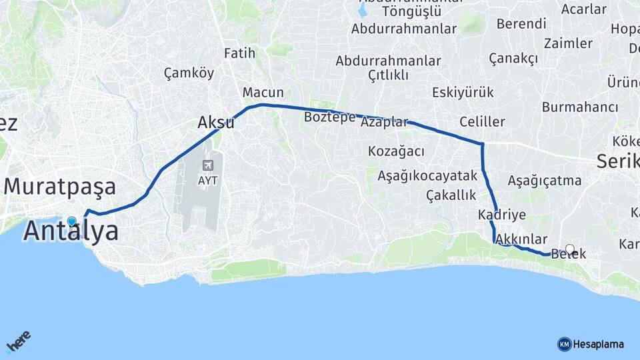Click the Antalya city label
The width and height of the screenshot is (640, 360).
tap(71, 231)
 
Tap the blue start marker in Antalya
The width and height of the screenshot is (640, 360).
tap(72, 221)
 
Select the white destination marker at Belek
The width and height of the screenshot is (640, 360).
tap(569, 249)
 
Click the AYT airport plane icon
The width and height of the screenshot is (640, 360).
tap(209, 165)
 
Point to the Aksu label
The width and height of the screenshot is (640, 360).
tap(216, 123)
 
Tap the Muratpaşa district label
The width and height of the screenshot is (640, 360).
tap(60, 187)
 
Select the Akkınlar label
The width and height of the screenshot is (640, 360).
tap(522, 239)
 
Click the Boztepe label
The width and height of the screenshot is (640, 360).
tap(329, 117)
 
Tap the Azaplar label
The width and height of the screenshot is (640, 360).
tap(384, 123)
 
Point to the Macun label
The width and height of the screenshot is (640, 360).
tap(263, 93)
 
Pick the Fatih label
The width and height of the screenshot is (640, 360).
tap(240, 53)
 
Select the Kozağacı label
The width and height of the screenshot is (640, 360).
tap(396, 151)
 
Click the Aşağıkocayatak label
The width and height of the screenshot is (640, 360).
tap(427, 176)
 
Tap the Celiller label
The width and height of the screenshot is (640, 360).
tap(482, 122)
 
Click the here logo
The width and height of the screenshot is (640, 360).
tap(19, 342)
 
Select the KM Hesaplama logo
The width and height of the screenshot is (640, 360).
tap(591, 344)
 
